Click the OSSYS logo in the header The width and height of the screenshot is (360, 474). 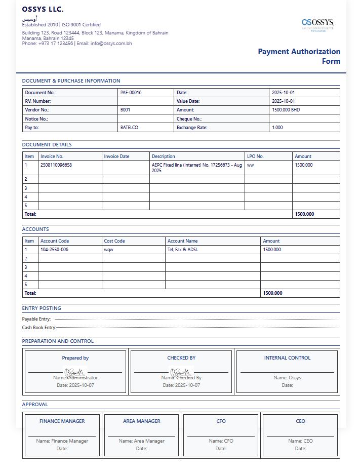[x=317, y=23]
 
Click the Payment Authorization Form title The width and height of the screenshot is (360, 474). [x=299, y=56]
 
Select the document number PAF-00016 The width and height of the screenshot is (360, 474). [x=131, y=93]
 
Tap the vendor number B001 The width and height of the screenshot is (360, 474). [x=125, y=110]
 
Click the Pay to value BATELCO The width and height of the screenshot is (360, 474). [x=129, y=128]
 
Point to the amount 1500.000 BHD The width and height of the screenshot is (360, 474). [x=286, y=110]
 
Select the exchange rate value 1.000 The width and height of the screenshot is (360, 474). [x=277, y=128]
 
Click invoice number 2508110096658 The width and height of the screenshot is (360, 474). [x=56, y=165]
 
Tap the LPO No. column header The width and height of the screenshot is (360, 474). [x=255, y=156]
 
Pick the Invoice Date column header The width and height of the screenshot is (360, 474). [x=116, y=156]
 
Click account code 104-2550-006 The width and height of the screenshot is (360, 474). [x=54, y=250]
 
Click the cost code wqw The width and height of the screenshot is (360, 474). [x=108, y=250]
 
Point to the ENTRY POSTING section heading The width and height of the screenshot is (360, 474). [x=42, y=308]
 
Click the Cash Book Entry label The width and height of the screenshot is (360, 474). [x=39, y=328]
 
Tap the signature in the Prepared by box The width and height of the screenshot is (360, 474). [x=75, y=373]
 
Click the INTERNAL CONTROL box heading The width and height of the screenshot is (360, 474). [x=287, y=358]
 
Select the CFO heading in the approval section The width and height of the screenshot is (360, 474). [x=221, y=421]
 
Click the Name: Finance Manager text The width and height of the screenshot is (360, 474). [x=62, y=441]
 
